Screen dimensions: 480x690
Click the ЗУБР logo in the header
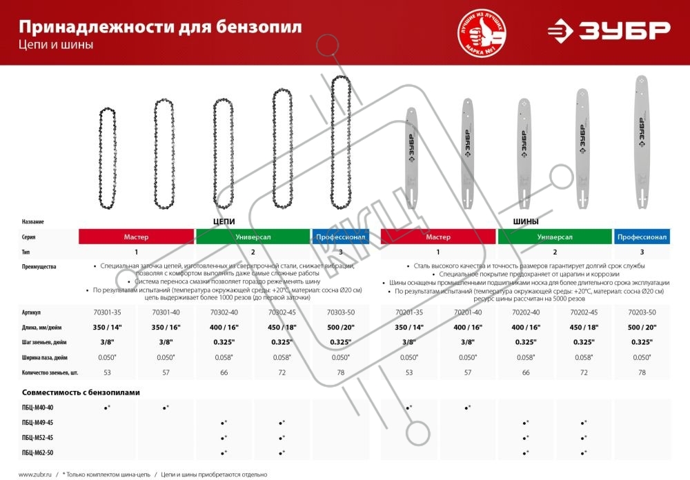pyautogui.click(x=608, y=30)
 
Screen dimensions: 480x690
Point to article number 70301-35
pyautogui.click(x=107, y=312)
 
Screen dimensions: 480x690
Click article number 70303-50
pyautogui.click(x=340, y=312)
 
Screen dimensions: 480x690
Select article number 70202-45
pyautogui.click(x=584, y=312)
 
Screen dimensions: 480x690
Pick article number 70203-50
pyautogui.click(x=642, y=312)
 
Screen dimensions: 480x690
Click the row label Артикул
pyautogui.click(x=32, y=312)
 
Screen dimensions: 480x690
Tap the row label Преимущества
pyautogui.click(x=39, y=266)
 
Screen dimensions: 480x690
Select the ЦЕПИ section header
pyautogui.click(x=224, y=222)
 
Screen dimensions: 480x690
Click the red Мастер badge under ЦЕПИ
pyautogui.click(x=137, y=237)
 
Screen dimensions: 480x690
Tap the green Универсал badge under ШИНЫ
pyautogui.click(x=555, y=237)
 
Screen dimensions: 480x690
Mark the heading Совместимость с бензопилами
pyautogui.click(x=81, y=392)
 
